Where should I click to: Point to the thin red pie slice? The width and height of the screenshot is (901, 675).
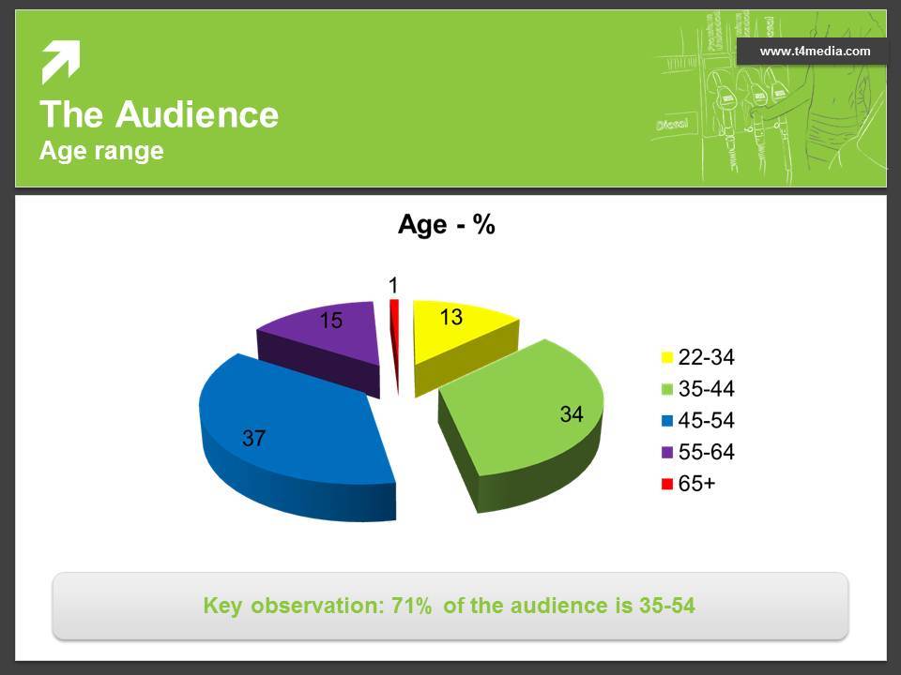(x=395, y=344)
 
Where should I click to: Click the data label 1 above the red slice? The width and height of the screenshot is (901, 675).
(x=393, y=285)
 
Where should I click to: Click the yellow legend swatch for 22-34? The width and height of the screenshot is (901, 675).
(x=666, y=357)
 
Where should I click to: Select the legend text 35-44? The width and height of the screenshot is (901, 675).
(x=706, y=388)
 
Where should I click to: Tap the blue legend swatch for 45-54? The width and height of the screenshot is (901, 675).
(x=666, y=421)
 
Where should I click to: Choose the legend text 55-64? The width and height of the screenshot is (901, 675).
(x=706, y=452)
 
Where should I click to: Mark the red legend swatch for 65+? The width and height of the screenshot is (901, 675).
(x=666, y=484)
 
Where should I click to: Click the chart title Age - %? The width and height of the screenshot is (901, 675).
(x=447, y=224)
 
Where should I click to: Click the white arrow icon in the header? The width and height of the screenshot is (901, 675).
(x=60, y=62)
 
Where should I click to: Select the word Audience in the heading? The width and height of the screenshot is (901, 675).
(x=197, y=114)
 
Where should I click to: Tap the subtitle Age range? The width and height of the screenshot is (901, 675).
(x=101, y=151)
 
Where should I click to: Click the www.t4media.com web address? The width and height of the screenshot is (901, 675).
(x=815, y=52)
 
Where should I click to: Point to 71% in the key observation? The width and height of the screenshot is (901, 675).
(x=411, y=606)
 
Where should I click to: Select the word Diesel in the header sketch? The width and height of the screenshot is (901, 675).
(x=672, y=123)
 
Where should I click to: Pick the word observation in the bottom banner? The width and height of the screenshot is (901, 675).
(x=317, y=606)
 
